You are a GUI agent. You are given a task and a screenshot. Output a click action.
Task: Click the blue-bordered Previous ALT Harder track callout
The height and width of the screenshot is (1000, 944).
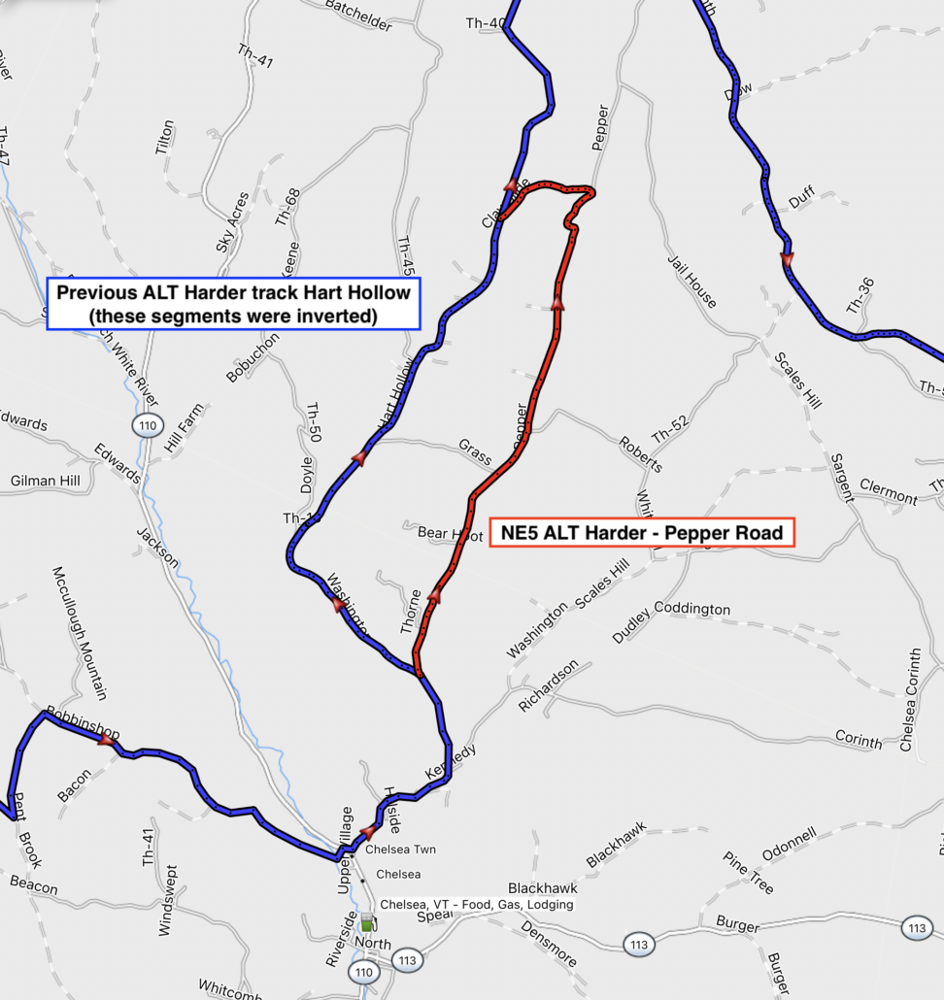(233, 303)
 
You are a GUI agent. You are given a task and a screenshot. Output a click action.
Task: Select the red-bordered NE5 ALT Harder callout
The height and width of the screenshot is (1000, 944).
(642, 532)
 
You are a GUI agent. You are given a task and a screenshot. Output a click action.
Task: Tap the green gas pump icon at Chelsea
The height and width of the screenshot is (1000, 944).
(368, 921)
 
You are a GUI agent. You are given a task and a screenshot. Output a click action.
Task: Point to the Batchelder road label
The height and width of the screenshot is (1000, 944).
(358, 18)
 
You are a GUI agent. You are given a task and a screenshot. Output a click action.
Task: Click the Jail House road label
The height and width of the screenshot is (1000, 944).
(691, 282)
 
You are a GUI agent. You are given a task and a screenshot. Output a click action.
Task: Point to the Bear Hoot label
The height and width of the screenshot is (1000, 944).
(450, 534)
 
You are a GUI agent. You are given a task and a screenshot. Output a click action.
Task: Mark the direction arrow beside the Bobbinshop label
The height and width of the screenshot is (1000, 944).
(106, 740)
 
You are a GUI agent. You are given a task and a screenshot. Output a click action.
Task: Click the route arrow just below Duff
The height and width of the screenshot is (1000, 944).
(787, 258)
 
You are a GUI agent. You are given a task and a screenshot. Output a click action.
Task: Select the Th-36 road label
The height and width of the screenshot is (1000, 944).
(860, 295)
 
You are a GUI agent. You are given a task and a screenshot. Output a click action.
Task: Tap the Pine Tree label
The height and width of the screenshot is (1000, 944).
(748, 873)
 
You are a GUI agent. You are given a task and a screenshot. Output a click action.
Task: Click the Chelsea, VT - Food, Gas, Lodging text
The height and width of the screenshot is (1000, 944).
(476, 904)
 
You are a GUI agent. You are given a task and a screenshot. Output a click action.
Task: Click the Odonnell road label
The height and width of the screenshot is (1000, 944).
(789, 844)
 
